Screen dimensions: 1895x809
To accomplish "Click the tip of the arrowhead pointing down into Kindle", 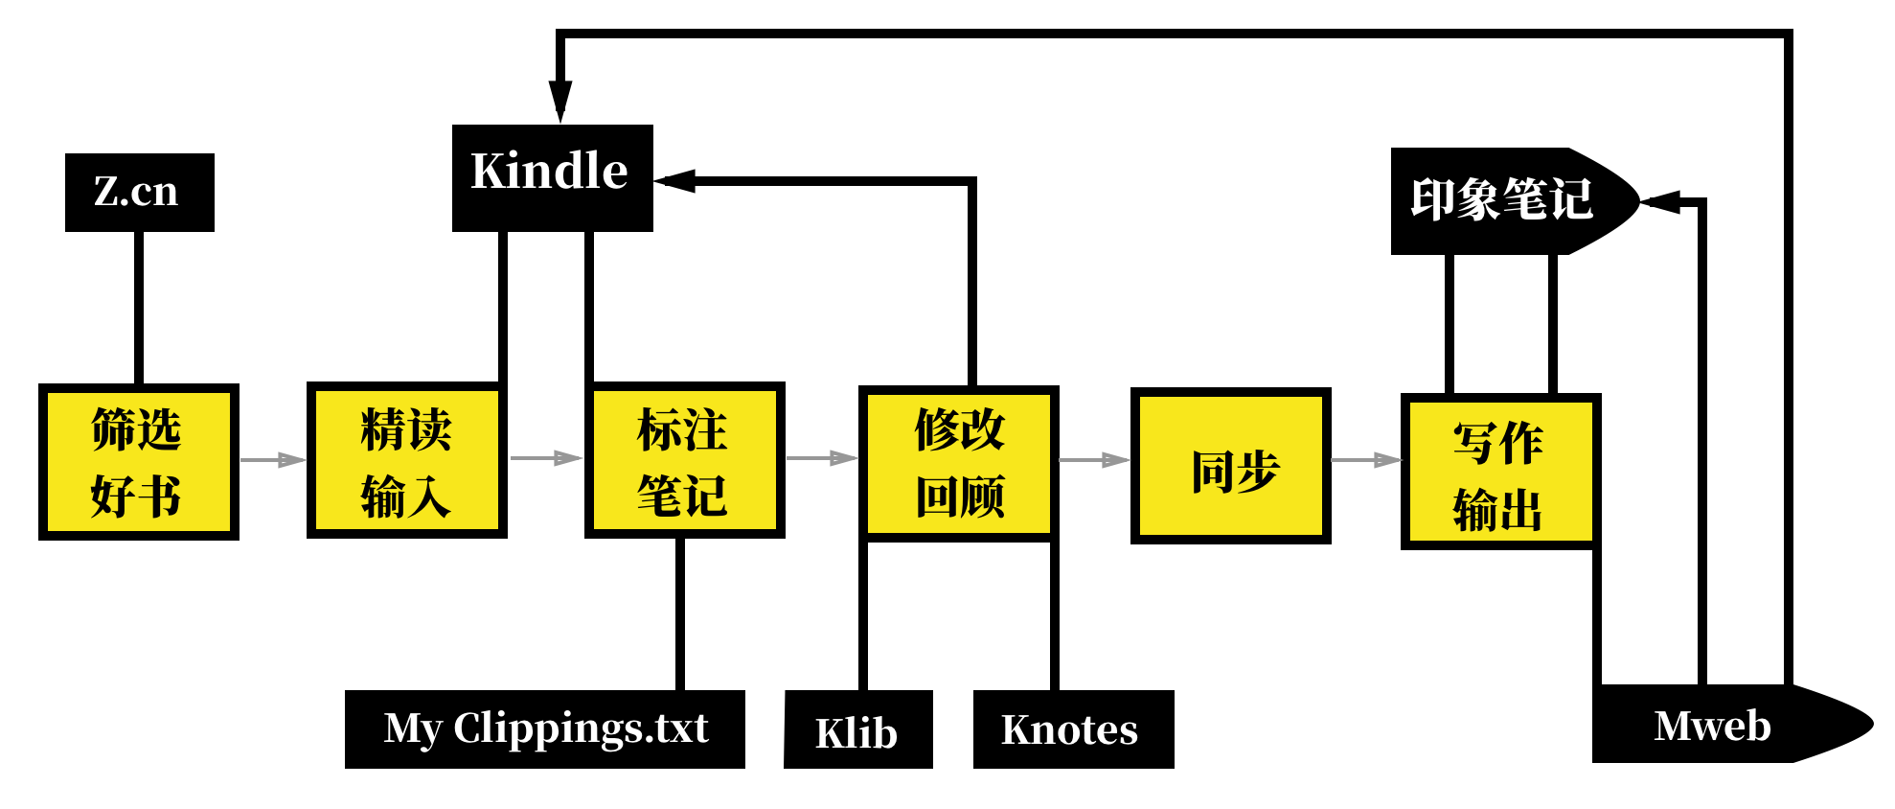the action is tap(560, 123).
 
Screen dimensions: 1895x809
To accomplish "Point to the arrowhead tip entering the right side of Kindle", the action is tap(654, 180).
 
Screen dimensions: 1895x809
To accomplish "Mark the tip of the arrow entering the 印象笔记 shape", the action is tap(1640, 201).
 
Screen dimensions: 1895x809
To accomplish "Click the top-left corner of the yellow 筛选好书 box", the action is tap(39, 384).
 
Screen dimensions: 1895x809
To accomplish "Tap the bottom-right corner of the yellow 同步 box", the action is tap(1331, 543).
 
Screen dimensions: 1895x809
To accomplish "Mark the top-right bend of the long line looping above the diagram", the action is tap(1789, 34).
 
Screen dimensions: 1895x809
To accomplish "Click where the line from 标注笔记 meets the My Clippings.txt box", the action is tap(680, 690).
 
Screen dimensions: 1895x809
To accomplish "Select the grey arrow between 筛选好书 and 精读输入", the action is tap(272, 459).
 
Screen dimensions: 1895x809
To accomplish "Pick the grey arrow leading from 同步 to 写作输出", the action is tap(1366, 460).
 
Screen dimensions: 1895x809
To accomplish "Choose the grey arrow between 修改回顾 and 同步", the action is tap(1094, 460).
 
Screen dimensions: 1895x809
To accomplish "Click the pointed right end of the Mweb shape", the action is tap(1873, 724).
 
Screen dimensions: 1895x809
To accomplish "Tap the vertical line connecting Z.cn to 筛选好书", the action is tap(139, 308).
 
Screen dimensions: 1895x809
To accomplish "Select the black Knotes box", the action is tap(1073, 729).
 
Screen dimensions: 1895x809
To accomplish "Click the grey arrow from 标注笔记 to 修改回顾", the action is tap(821, 458).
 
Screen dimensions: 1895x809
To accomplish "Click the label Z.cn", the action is tap(136, 192).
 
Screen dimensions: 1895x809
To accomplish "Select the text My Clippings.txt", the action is tap(545, 728).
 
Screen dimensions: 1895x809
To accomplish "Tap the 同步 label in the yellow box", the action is tap(1235, 471).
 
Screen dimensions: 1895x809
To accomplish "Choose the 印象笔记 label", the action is tap(1501, 200).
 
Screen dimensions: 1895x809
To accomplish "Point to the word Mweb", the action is tap(1712, 726).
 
